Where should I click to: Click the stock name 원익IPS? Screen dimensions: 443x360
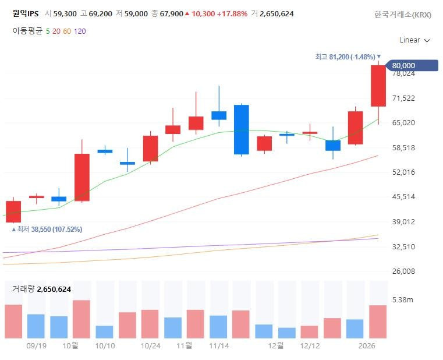26,13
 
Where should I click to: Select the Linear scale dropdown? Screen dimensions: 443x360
414,40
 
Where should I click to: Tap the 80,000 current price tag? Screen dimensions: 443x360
412,65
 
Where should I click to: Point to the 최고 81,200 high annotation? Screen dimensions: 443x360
348,57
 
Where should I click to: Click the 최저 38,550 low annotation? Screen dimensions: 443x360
47,229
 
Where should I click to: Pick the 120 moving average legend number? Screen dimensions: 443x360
80,31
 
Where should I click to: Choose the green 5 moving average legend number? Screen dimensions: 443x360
48,31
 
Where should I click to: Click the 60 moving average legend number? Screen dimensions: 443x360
67,31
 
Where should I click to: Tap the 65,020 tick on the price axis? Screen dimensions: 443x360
403,122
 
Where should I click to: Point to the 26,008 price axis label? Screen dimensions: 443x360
403,271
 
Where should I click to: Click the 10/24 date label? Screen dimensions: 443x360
150,345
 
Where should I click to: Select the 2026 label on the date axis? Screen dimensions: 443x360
367,345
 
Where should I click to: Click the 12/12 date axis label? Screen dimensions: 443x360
310,345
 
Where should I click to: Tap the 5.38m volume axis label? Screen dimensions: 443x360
403,299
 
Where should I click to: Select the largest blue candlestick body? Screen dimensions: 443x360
242,129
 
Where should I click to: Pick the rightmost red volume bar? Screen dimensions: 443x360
378,322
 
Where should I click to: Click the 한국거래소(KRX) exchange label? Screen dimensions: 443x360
403,15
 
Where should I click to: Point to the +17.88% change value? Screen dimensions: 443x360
232,13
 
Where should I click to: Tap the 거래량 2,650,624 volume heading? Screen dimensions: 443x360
41,289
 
